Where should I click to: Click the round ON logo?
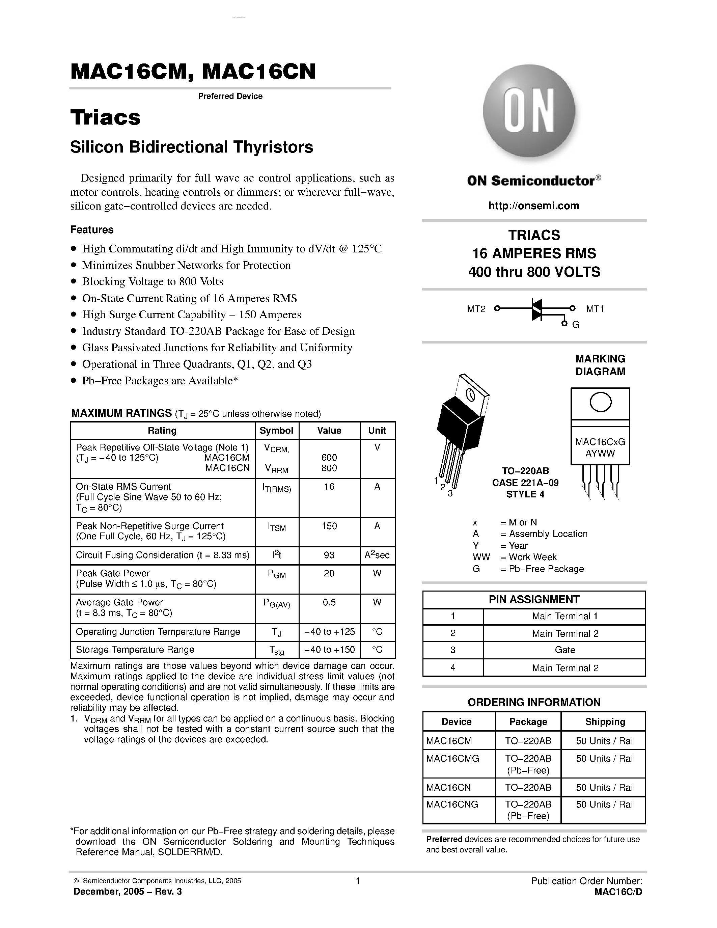529,111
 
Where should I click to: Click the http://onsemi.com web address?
533,206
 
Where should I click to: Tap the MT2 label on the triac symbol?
476,309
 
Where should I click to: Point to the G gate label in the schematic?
576,325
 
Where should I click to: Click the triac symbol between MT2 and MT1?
537,309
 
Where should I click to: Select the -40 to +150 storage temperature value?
329,649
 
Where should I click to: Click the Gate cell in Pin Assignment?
564,650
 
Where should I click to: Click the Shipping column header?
605,721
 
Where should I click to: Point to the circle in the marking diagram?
600,402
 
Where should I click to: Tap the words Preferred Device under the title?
230,96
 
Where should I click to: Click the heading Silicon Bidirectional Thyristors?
192,147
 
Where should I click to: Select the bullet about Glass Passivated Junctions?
217,348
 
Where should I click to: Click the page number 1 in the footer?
358,881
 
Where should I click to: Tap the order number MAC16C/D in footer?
618,892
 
